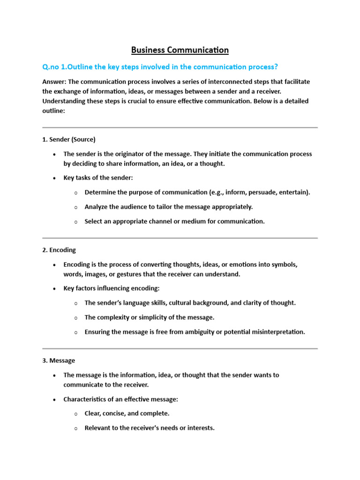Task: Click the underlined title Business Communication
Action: pyautogui.click(x=180, y=50)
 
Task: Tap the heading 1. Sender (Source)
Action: pyautogui.click(x=69, y=139)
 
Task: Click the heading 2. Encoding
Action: pyautogui.click(x=59, y=250)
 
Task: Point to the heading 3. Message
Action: pyautogui.click(x=59, y=360)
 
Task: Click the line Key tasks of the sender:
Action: pyautogui.click(x=98, y=178)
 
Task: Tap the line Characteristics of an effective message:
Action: pyautogui.click(x=121, y=399)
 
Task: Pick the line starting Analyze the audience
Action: pyautogui.click(x=168, y=207)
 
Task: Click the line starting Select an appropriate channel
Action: pyautogui.click(x=174, y=221)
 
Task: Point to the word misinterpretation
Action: pyautogui.click(x=278, y=332)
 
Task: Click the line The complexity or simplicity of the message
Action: pyautogui.click(x=149, y=317)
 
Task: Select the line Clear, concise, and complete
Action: pyautogui.click(x=127, y=414)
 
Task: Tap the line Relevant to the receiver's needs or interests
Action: pyautogui.click(x=150, y=428)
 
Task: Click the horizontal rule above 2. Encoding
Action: pyautogui.click(x=180, y=238)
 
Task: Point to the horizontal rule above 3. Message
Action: pyautogui.click(x=180, y=348)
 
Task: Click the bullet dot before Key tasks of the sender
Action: pyautogui.click(x=55, y=178)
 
